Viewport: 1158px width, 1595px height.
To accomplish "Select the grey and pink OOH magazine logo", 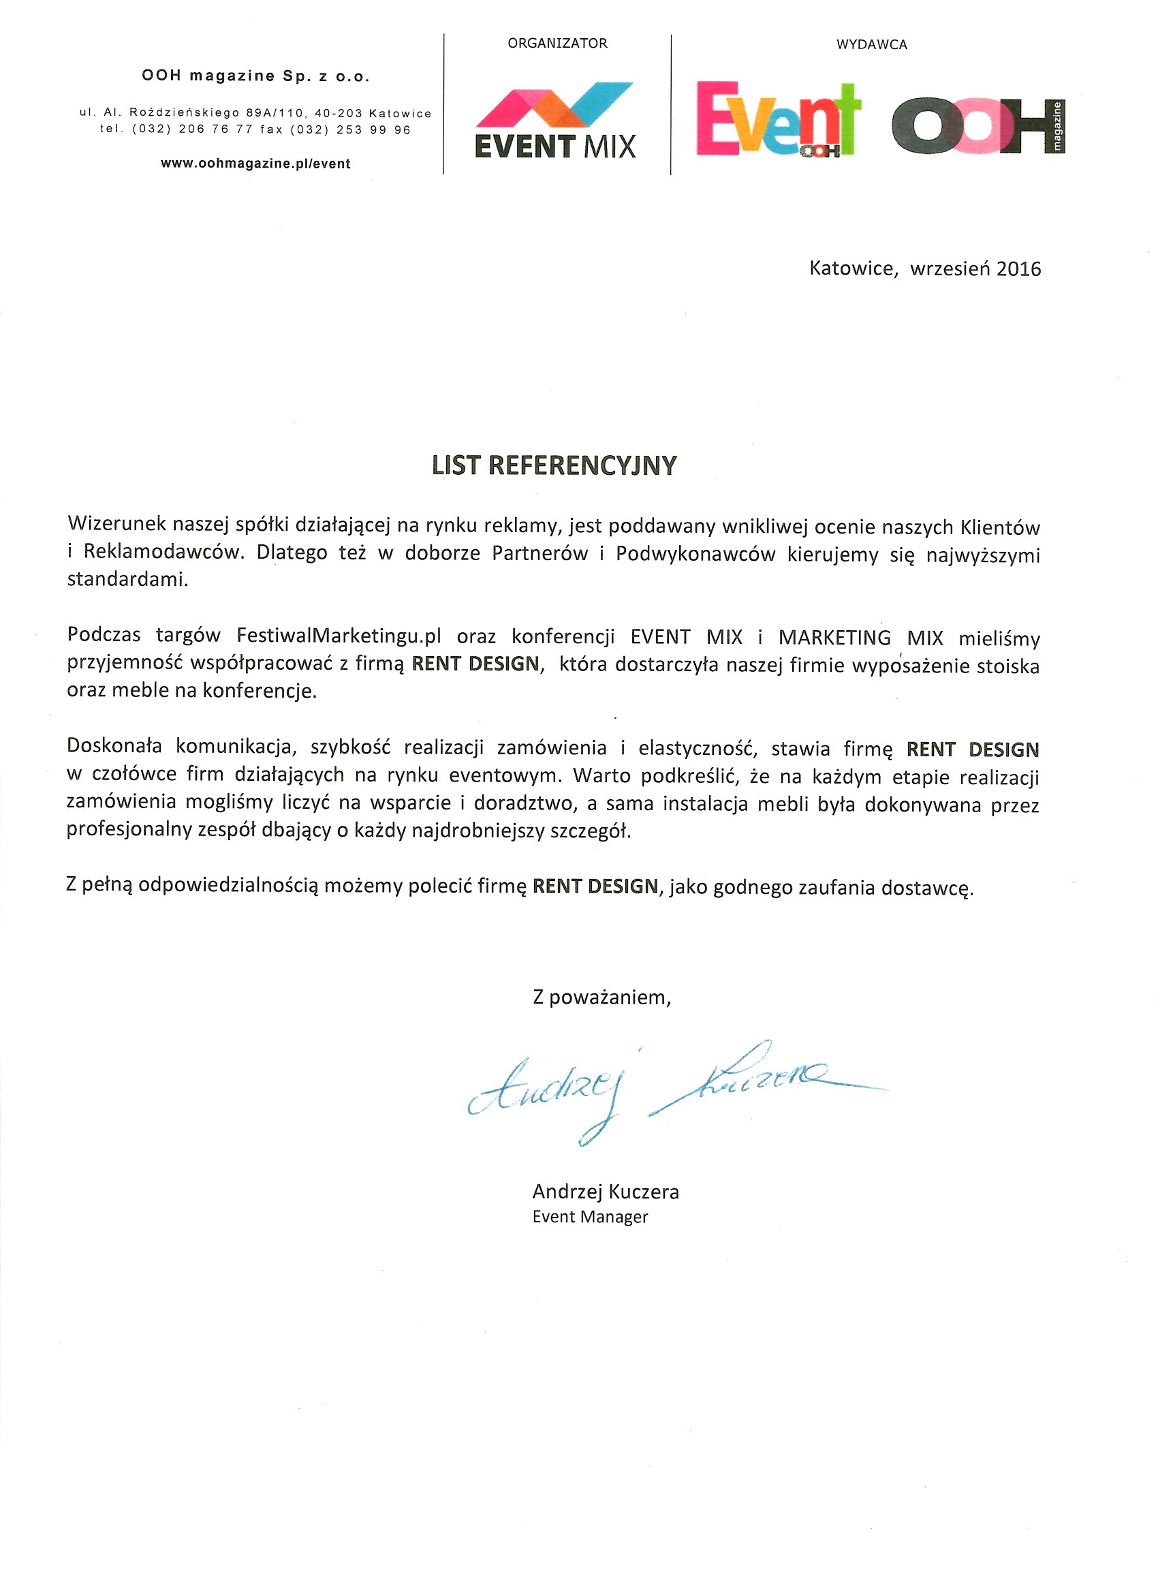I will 978,127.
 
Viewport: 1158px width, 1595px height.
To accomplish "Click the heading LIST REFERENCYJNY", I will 554,465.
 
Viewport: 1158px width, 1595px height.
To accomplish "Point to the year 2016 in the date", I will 1018,268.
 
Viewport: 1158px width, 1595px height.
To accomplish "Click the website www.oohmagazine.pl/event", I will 255,164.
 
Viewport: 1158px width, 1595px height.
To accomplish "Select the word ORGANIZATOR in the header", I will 557,44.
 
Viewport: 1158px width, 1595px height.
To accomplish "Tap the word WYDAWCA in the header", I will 871,45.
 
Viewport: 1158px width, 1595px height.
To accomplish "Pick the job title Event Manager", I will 590,1216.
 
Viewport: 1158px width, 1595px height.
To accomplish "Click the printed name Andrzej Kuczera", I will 606,1192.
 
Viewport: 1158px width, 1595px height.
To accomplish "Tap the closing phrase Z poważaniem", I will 602,997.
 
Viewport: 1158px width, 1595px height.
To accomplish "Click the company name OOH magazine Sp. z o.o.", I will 255,76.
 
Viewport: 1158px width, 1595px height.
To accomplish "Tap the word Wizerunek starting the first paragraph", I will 116,523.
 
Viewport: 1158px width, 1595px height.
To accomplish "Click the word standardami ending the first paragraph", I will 127,580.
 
